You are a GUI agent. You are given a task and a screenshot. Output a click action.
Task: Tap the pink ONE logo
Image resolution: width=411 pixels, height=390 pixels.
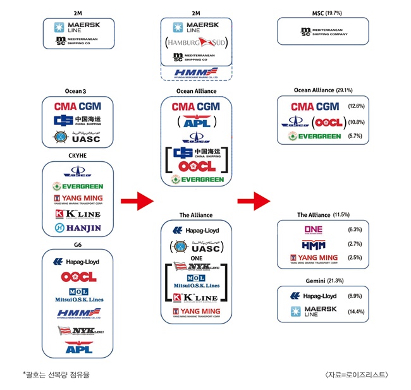(313, 229)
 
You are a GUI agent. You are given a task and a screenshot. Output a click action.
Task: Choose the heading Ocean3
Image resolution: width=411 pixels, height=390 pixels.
(77, 91)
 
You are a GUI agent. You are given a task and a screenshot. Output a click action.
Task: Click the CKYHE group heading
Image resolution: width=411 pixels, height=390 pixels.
(77, 154)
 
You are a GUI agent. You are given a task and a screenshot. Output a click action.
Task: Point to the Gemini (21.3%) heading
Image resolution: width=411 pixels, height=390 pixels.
(322, 279)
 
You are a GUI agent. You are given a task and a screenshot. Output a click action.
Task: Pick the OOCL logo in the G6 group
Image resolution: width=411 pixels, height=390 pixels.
(79, 276)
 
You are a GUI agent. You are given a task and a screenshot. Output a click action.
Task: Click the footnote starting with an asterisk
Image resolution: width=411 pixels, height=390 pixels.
(56, 374)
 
